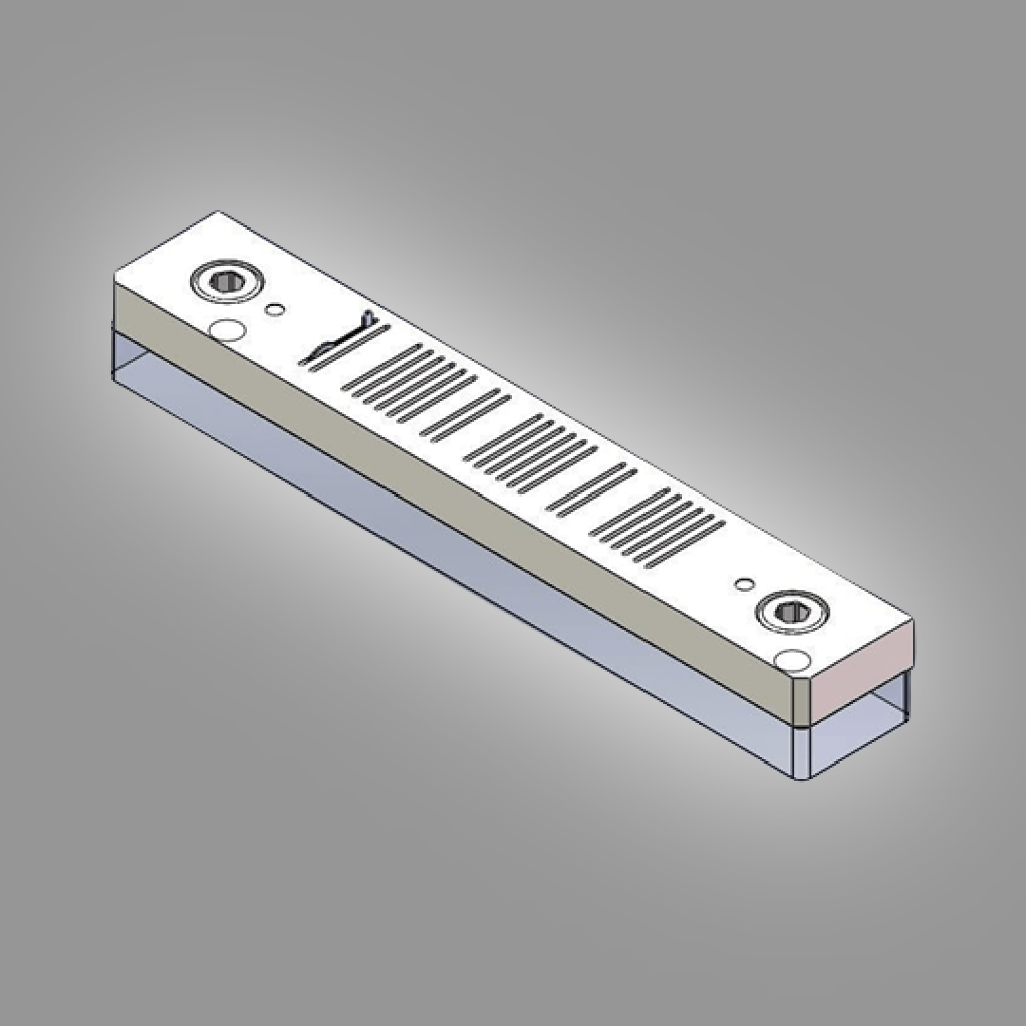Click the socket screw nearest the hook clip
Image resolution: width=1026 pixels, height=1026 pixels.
226,281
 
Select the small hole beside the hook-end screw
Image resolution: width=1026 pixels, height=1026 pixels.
275,310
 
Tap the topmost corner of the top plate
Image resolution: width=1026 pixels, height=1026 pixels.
218,212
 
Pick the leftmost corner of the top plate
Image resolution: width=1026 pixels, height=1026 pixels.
115,276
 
